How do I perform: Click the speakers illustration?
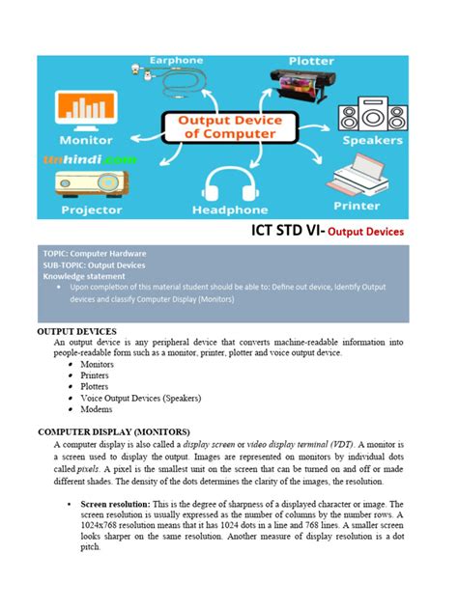coord(374,114)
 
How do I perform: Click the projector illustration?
coord(89,183)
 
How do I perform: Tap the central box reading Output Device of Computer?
coord(228,125)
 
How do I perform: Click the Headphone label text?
coord(230,209)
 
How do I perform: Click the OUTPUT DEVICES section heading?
coord(76,330)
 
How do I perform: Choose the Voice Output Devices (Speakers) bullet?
coord(141,397)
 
